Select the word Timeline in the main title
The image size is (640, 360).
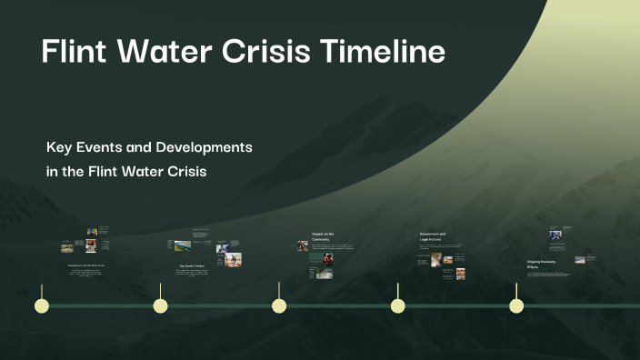click(x=383, y=52)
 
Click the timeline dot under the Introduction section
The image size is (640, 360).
click(x=41, y=305)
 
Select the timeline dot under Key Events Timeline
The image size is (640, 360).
click(x=160, y=305)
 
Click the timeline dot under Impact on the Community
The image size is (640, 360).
click(x=279, y=305)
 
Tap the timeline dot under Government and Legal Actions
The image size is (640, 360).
click(x=397, y=305)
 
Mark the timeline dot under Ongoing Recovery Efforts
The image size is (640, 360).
click(x=516, y=305)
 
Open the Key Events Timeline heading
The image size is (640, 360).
click(x=192, y=266)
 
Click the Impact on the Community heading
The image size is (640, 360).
click(x=323, y=236)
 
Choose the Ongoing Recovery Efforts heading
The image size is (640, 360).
click(x=539, y=264)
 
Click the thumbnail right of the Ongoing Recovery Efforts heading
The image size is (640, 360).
click(x=579, y=259)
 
